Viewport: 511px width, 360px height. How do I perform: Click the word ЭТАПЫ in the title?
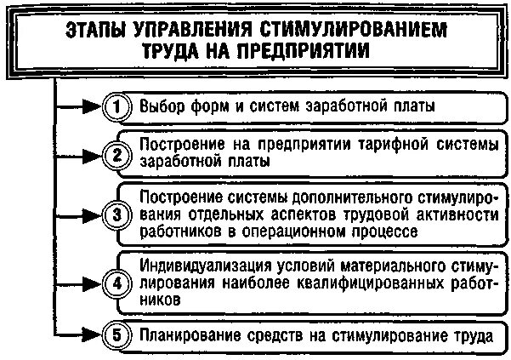click(x=96, y=31)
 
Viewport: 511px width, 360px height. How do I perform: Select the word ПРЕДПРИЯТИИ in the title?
click(x=294, y=50)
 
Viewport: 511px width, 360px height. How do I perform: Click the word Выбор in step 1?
click(x=159, y=107)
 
